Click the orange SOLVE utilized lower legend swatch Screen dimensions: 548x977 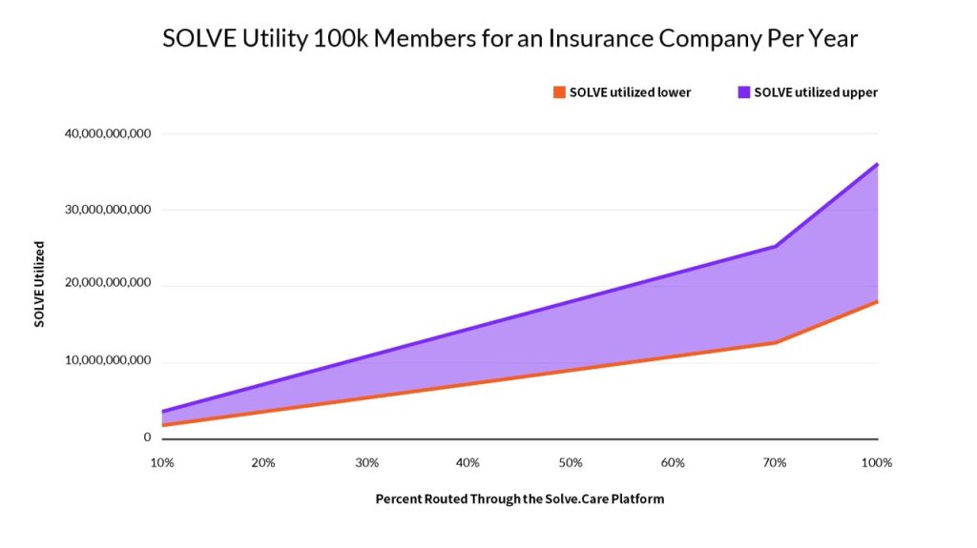(x=560, y=92)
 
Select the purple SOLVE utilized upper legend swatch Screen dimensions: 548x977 (x=744, y=92)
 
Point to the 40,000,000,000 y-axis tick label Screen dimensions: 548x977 (x=108, y=133)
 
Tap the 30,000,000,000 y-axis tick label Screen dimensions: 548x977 (x=108, y=210)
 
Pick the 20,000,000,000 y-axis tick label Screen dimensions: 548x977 (x=108, y=285)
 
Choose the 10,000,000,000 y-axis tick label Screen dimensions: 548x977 (x=108, y=361)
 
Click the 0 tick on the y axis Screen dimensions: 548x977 (x=147, y=437)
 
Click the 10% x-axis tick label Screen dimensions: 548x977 (x=162, y=463)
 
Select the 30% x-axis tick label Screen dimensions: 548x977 (x=366, y=463)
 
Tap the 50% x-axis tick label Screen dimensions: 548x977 (x=571, y=463)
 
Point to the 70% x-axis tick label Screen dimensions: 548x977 (x=775, y=463)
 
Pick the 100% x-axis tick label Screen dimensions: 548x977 (x=876, y=463)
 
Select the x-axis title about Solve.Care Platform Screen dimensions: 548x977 (x=519, y=498)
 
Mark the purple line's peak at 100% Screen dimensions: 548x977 (x=877, y=164)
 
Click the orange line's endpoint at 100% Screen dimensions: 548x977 (x=877, y=301)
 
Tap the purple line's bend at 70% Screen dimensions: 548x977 (x=776, y=246)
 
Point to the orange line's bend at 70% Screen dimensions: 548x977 (x=776, y=342)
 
